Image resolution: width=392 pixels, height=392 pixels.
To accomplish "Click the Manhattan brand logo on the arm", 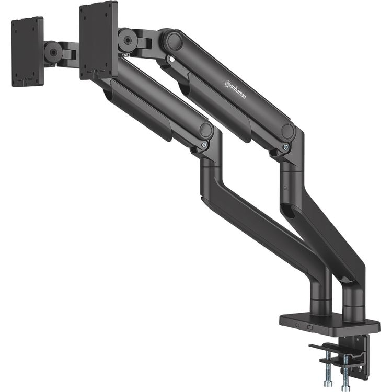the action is pos(235,89).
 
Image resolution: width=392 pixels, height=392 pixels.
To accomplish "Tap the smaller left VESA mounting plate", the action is pos(27,52).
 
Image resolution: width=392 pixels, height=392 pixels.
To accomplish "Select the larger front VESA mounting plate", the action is pos(98,40).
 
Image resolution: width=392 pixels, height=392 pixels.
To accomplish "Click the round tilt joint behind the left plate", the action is pos(53,52).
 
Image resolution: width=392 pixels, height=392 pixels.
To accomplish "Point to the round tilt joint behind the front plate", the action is pos(128,40).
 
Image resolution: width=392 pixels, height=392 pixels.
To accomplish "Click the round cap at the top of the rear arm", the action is pos(175,41).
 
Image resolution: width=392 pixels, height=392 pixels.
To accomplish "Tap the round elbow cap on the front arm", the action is pos(206,130).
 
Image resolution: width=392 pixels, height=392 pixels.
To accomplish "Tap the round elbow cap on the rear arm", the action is pos(287,130).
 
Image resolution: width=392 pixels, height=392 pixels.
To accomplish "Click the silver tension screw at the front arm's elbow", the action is pos(205,145).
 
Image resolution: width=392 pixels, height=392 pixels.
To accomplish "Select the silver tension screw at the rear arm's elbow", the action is pos(285,147).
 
